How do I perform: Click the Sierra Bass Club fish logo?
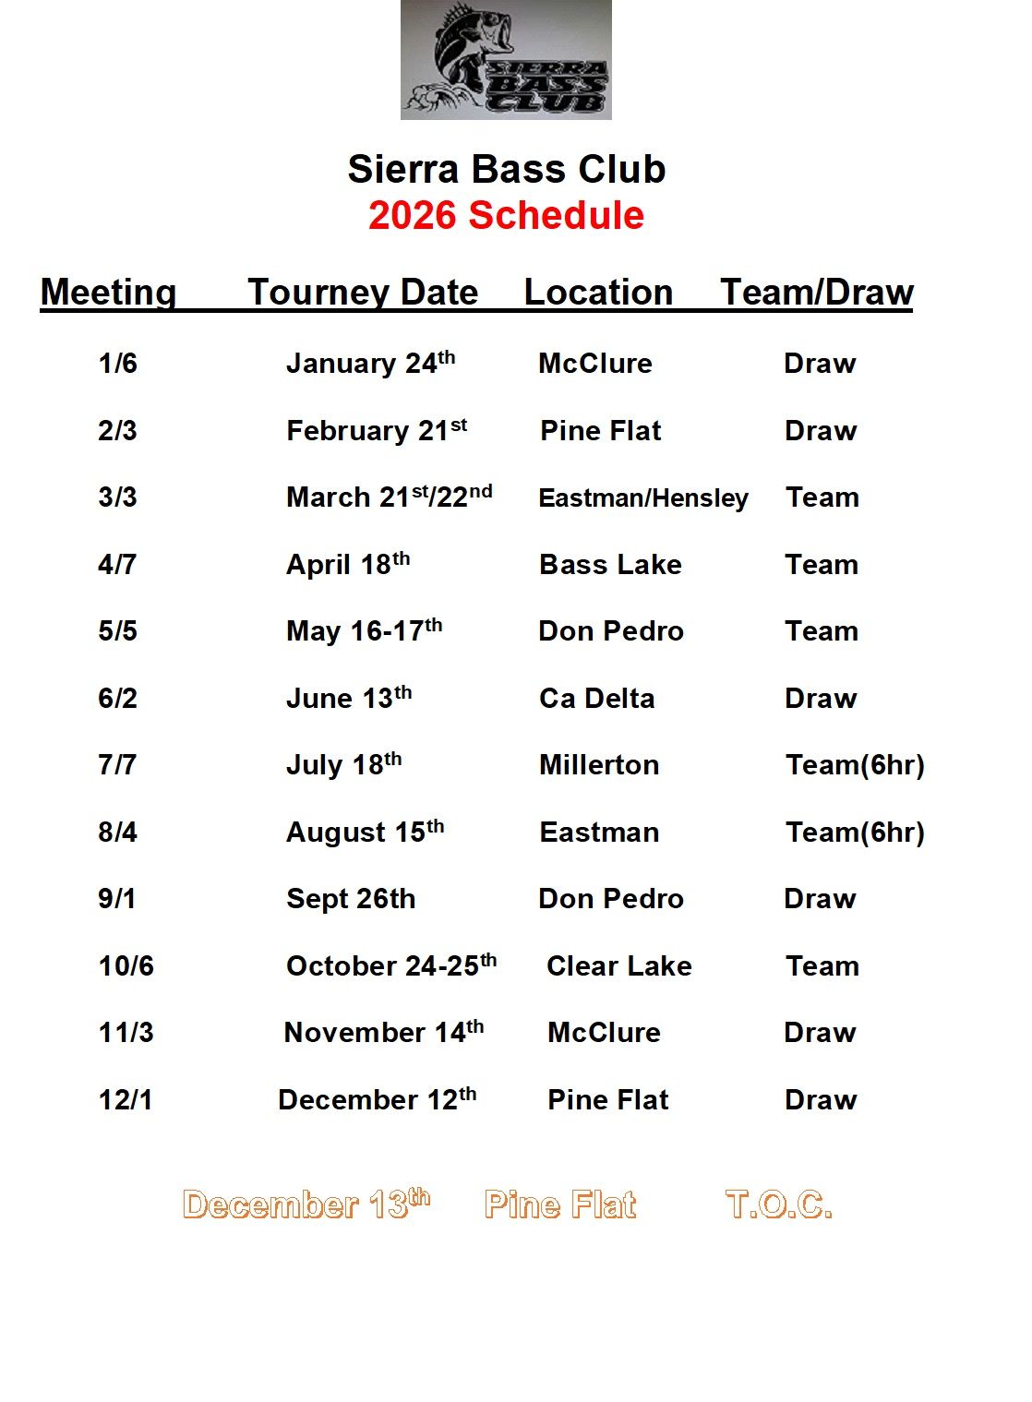506,60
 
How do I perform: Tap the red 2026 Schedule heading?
506,215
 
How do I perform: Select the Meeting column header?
108,292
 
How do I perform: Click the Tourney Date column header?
363,292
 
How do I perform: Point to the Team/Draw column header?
817,292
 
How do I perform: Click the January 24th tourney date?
370,363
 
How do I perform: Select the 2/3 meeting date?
117,431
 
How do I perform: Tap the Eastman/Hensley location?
643,498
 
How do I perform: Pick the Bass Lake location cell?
610,565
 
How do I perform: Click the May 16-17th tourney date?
364,631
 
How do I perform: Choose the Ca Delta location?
596,699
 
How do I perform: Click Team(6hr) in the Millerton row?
855,765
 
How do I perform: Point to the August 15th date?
365,832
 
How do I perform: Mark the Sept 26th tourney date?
351,899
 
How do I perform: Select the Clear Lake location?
618,966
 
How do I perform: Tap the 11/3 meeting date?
126,1033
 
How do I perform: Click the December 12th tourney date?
377,1099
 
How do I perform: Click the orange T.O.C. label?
779,1204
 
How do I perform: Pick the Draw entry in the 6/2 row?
821,699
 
